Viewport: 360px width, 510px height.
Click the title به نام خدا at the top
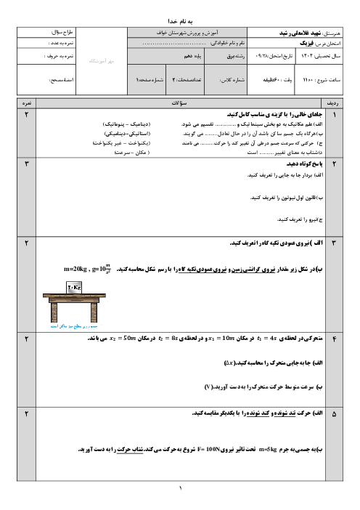179,13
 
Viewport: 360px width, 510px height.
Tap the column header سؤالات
179,105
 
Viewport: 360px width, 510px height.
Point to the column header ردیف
334,105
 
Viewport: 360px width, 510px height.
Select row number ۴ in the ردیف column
334,339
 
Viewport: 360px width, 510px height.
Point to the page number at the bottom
180,490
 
